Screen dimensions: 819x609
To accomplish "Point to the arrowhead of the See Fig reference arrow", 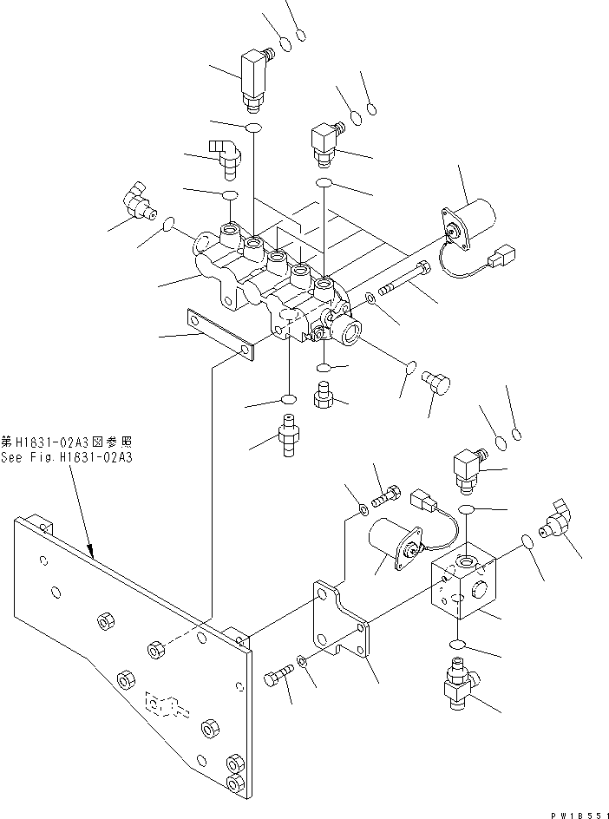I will pos(91,552).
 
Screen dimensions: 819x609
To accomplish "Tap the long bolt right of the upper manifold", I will pos(404,276).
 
